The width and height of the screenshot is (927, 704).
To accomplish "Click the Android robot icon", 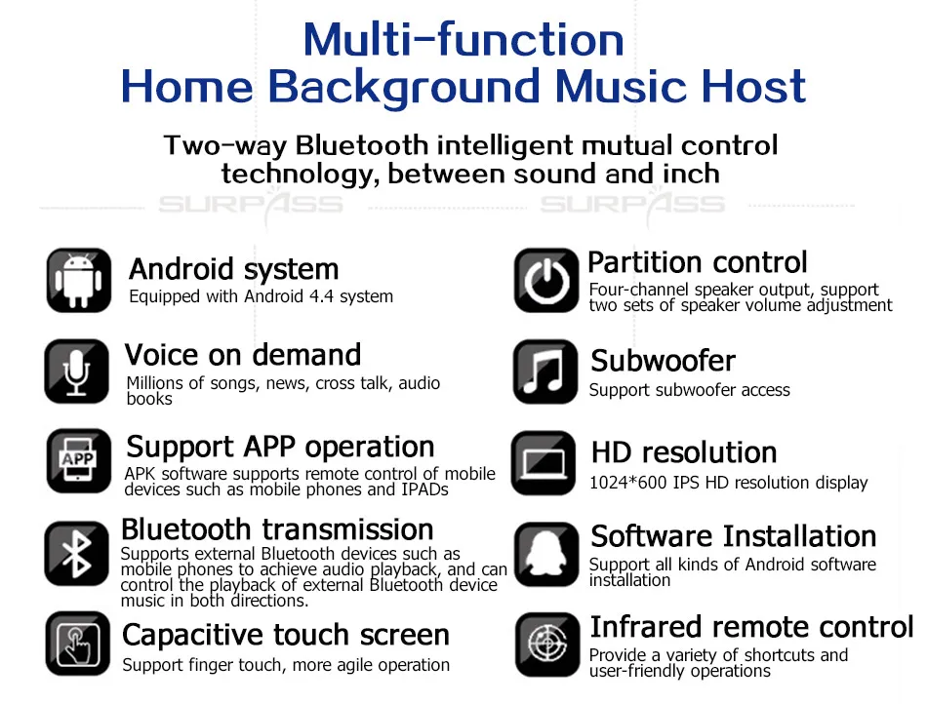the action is (79, 280).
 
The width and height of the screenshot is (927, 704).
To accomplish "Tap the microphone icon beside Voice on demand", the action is (77, 372).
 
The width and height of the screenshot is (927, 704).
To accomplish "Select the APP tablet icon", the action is (79, 461).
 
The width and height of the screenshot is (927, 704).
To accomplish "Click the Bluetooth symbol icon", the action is (77, 554).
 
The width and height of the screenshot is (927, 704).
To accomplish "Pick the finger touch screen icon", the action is (77, 644).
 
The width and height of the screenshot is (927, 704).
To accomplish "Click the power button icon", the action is (546, 280).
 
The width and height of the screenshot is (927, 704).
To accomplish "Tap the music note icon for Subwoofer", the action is (545, 372).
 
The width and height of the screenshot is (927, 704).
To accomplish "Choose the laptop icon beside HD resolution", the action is (544, 463).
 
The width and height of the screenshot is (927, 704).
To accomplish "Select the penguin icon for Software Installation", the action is (546, 555).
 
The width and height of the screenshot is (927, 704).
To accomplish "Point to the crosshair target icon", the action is (547, 645).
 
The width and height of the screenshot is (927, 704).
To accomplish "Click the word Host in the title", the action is (753, 86).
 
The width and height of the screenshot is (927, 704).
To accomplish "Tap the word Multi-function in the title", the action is (463, 40).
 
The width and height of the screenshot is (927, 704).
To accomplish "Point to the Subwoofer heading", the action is (663, 360).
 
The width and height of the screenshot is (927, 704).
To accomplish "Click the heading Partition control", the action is (697, 261).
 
